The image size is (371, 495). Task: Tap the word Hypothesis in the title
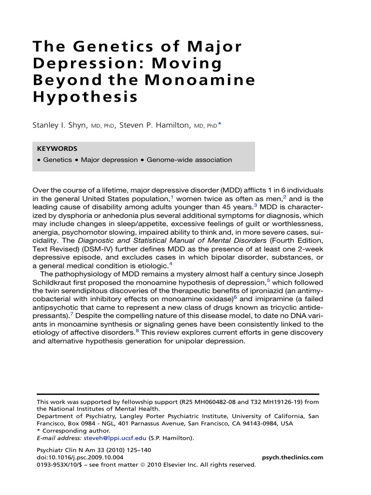pos(85,97)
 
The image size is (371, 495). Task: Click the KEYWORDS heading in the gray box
pos(57,149)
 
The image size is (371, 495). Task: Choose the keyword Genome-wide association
pos(189,160)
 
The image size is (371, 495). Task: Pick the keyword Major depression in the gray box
pos(109,160)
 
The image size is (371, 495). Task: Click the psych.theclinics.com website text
pos(292,457)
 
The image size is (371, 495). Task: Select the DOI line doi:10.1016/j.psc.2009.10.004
pos(80,457)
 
